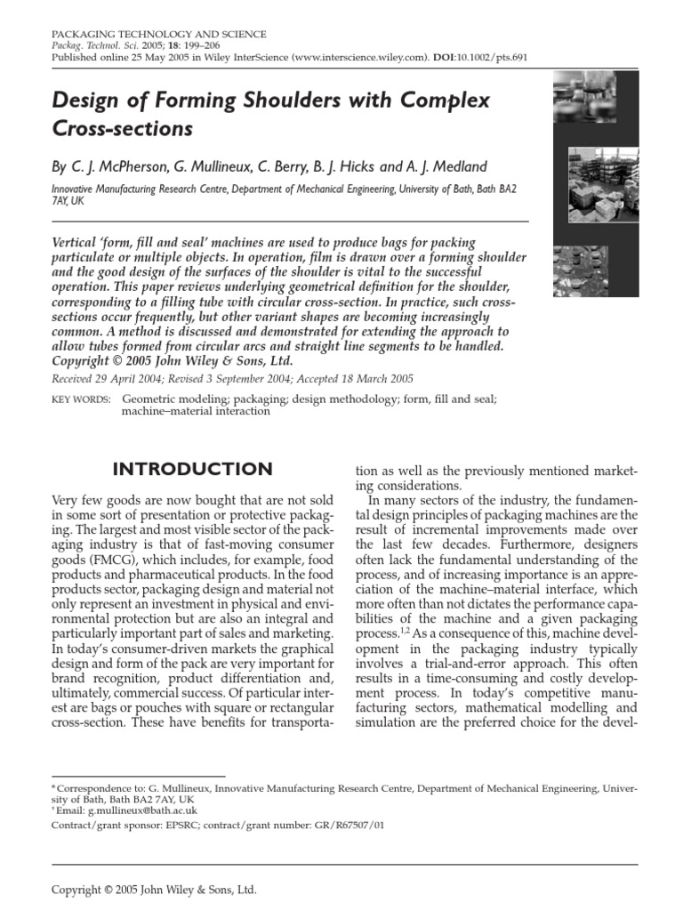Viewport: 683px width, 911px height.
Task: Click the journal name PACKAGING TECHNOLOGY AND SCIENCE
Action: [x=159, y=34]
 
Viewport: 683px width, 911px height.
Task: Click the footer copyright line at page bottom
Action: [x=154, y=889]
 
